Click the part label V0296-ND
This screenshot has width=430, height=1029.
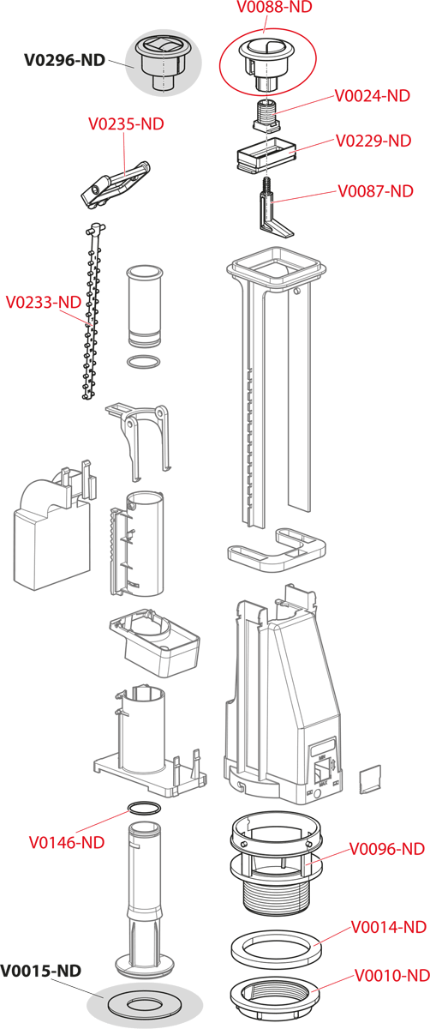(x=65, y=60)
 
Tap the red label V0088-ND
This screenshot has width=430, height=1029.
(x=274, y=7)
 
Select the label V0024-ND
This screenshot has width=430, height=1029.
(x=372, y=96)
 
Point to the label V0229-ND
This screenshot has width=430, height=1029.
(x=373, y=141)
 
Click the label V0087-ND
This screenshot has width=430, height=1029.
(x=376, y=191)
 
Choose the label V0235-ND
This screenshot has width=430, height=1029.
(x=126, y=124)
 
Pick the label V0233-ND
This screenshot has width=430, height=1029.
(x=44, y=302)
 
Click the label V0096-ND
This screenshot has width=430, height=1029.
(x=387, y=849)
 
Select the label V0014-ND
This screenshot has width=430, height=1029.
(x=389, y=927)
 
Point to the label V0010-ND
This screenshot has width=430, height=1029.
(x=392, y=975)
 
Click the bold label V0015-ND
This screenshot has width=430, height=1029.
(x=41, y=971)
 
